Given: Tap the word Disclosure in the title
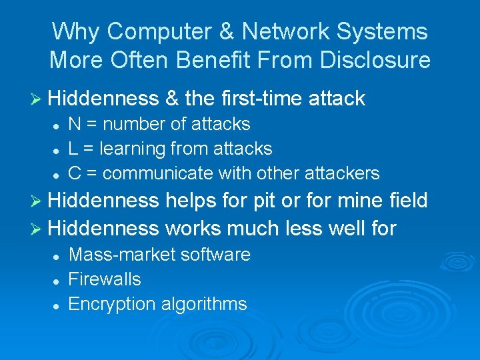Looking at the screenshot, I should click(375, 61).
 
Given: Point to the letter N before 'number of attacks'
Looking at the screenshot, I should click(75, 124).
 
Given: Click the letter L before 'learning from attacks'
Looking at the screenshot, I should click(73, 149).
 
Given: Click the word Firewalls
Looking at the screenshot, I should click(105, 279).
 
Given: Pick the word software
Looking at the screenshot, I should click(219, 254).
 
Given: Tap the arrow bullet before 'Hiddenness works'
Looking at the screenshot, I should click(37, 229).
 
